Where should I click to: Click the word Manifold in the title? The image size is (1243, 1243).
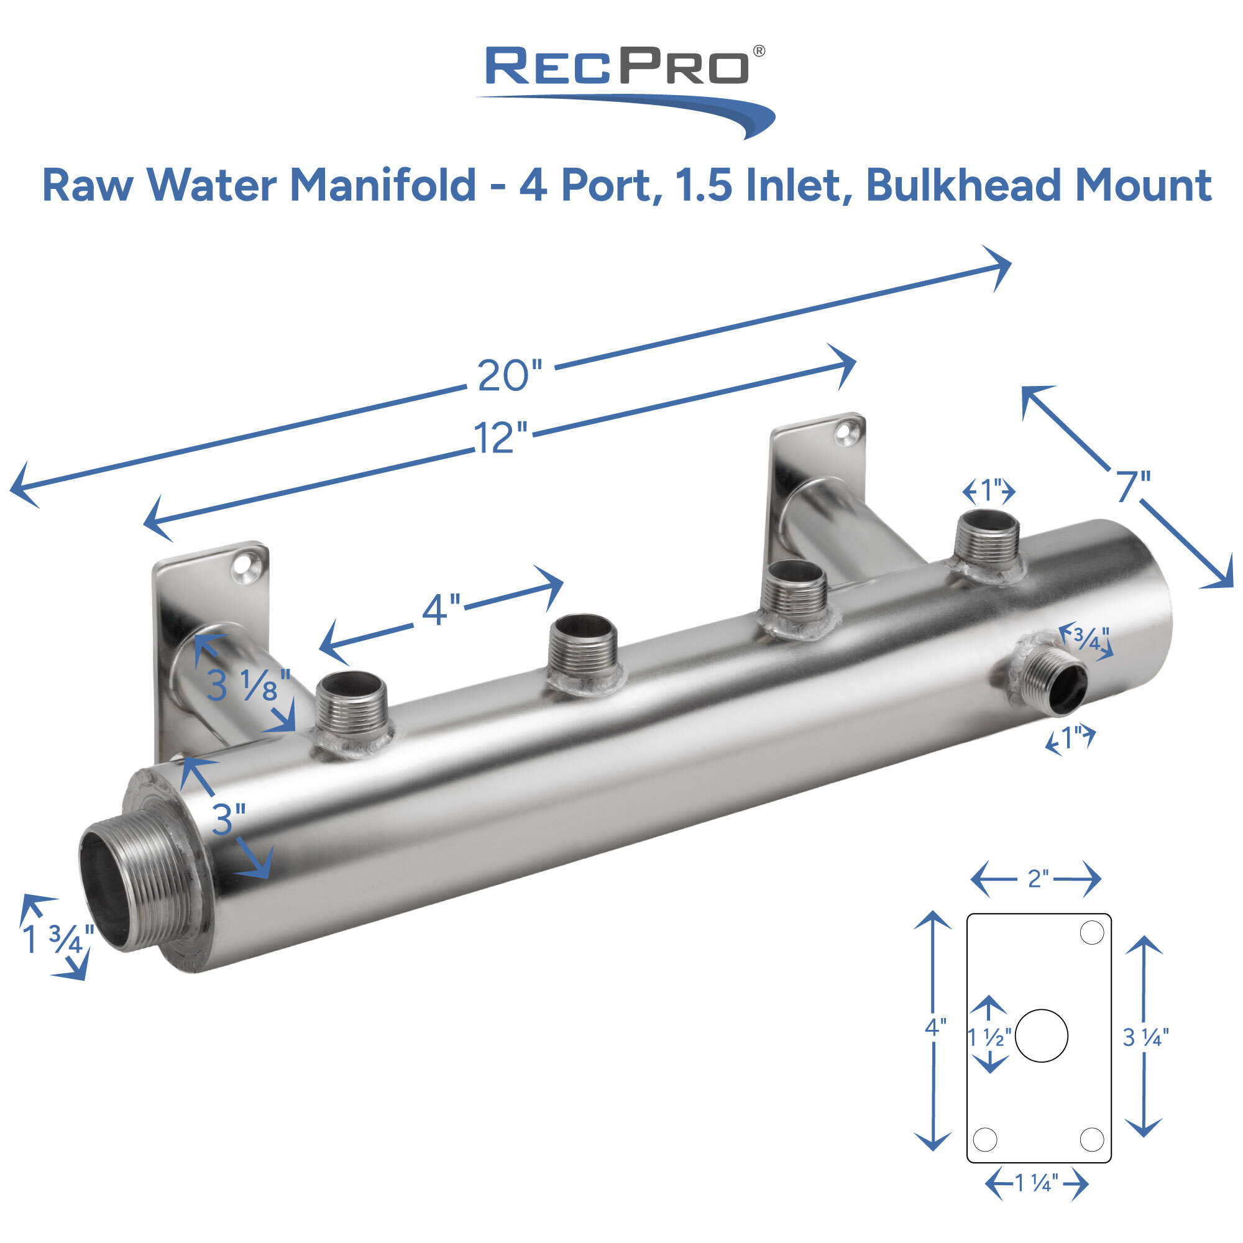pyautogui.click(x=383, y=186)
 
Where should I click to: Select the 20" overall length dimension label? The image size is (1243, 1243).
pyautogui.click(x=510, y=375)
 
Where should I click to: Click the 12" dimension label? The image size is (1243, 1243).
pyautogui.click(x=500, y=438)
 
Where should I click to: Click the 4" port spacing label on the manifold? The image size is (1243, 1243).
pyautogui.click(x=441, y=608)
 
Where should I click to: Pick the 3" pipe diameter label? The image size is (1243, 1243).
pyautogui.click(x=228, y=820)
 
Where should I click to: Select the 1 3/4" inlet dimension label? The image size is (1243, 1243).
pyautogui.click(x=58, y=939)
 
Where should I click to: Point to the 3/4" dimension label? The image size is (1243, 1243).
pyautogui.click(x=1091, y=638)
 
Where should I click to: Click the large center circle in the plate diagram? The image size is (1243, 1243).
pyautogui.click(x=1042, y=1036)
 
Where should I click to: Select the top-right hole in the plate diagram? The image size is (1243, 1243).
pyautogui.click(x=1092, y=932)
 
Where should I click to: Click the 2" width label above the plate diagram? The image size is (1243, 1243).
pyautogui.click(x=1038, y=879)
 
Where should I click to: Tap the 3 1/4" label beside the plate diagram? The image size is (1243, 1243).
pyautogui.click(x=1145, y=1038)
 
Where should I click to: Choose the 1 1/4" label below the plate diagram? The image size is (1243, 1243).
pyautogui.click(x=1037, y=1183)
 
